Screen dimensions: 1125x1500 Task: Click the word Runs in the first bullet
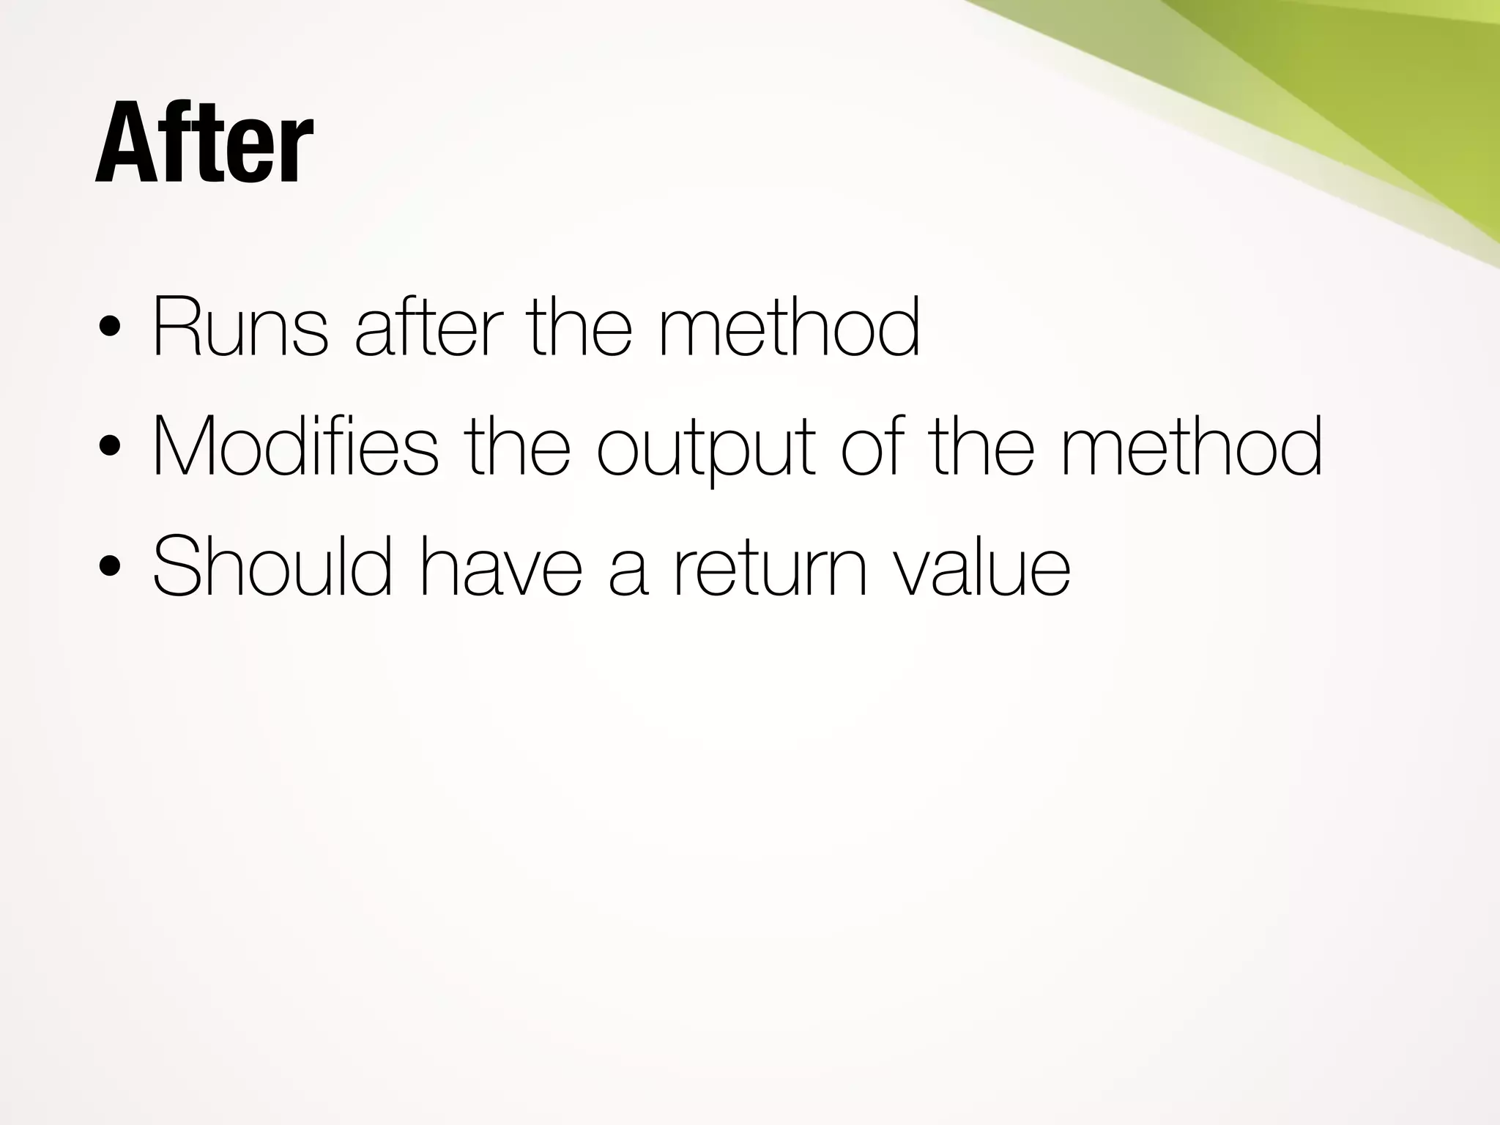pos(240,327)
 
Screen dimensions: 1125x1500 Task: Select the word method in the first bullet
pos(789,327)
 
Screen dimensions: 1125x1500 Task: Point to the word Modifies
pos(294,447)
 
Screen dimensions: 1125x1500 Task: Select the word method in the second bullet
pos(1192,447)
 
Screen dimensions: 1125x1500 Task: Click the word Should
pos(272,566)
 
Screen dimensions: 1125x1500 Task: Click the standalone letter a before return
pos(628,571)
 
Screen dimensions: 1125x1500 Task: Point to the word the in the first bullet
pos(579,327)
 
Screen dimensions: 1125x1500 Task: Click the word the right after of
pos(981,447)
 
